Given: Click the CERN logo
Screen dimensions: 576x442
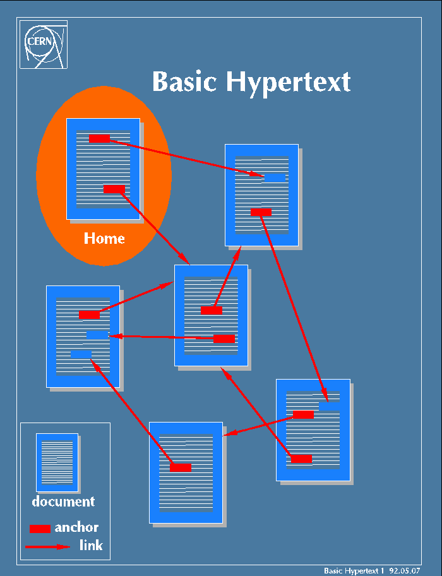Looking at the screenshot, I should pyautogui.click(x=43, y=44).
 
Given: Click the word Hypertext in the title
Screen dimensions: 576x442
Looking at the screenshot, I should pyautogui.click(x=288, y=81).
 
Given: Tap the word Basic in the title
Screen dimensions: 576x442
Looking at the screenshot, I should pyautogui.click(x=186, y=81).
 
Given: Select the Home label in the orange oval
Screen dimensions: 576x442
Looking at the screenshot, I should pyautogui.click(x=104, y=239).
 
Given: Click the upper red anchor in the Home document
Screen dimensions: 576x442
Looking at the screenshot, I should pyautogui.click(x=99, y=138).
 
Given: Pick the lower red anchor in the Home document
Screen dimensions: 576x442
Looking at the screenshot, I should pyautogui.click(x=114, y=189).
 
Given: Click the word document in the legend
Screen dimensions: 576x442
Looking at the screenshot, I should pyautogui.click(x=63, y=502).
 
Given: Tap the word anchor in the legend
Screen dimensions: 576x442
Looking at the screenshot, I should pyautogui.click(x=76, y=527).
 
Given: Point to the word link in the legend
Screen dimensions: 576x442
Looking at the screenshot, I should pyautogui.click(x=91, y=545).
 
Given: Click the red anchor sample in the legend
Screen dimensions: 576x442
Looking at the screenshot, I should pyautogui.click(x=40, y=529).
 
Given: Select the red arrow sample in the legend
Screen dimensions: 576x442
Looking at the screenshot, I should pyautogui.click(x=47, y=546).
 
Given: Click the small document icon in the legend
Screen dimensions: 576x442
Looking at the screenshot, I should pyautogui.click(x=57, y=462).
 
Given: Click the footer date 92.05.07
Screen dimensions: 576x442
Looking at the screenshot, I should pyautogui.click(x=405, y=570).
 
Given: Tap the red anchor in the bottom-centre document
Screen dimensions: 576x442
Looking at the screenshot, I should pyautogui.click(x=181, y=467).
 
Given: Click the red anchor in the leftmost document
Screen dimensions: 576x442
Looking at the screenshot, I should pyautogui.click(x=89, y=315).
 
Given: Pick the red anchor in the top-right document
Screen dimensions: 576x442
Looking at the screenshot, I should pyautogui.click(x=261, y=212).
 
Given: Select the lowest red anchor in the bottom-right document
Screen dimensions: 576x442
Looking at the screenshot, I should pyautogui.click(x=301, y=459).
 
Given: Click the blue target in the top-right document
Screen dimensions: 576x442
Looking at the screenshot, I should pyautogui.click(x=275, y=177).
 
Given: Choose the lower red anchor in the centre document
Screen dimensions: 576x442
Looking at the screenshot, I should pyautogui.click(x=224, y=339).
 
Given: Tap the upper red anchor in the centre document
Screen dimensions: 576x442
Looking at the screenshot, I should pyautogui.click(x=212, y=310).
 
